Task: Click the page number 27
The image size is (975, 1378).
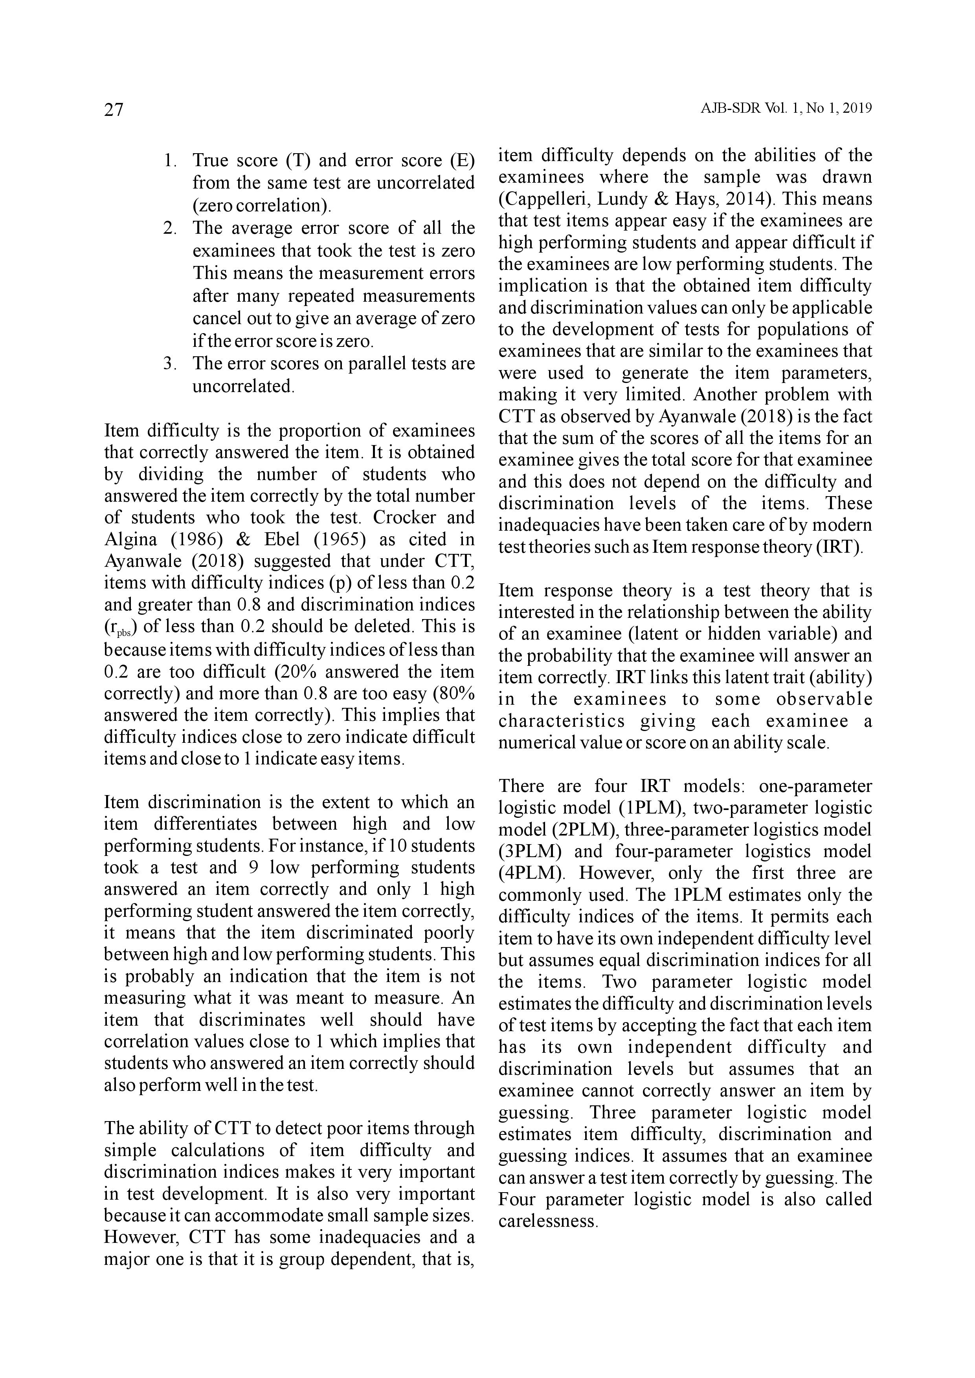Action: [114, 110]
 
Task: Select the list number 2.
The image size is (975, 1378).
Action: [169, 228]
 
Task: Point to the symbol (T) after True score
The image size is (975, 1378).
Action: [297, 160]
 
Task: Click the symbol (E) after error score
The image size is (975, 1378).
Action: [462, 160]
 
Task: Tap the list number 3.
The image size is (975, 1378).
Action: [169, 364]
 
